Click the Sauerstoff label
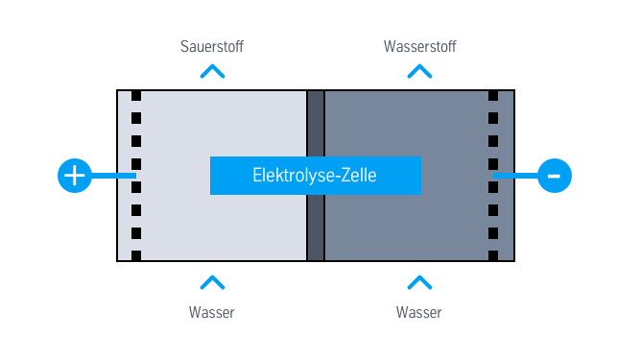tap(212, 46)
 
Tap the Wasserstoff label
tap(419, 46)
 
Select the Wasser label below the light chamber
tap(212, 312)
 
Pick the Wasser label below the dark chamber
tap(419, 312)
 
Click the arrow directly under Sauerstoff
tap(212, 71)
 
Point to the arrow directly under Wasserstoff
tap(419, 71)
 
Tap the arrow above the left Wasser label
tap(212, 282)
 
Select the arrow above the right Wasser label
tap(419, 282)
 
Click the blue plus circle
tap(75, 176)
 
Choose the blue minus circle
tap(555, 176)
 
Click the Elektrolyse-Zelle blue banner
tap(315, 176)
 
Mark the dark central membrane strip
tap(315, 230)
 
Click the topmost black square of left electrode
tap(136, 96)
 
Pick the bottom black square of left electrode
tap(136, 255)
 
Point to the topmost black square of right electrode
tap(493, 96)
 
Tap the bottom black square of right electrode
tap(493, 255)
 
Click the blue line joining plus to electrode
tap(113, 176)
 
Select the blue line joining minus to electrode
tap(516, 176)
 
